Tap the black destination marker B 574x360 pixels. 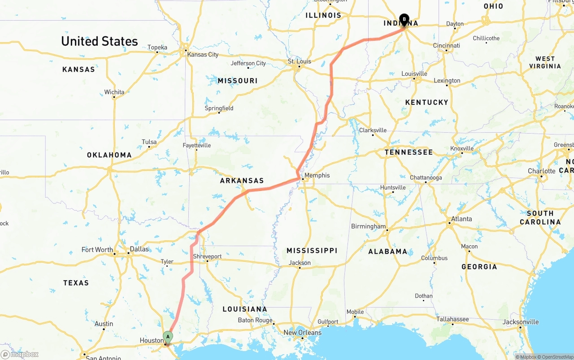coord(404,19)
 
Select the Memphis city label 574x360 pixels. coord(317,175)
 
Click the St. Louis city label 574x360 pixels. coord(300,61)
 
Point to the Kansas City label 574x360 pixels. coord(203,54)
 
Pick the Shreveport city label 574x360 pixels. coord(207,256)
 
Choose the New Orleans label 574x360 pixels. coord(302,333)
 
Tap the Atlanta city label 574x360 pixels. coord(461,219)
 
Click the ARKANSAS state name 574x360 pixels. coord(242,181)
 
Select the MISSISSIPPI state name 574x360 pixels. coord(312,250)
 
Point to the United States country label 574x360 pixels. coord(100,41)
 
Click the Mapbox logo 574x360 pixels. coord(20,355)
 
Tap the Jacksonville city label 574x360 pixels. coord(521,321)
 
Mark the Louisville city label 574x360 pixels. coord(414,74)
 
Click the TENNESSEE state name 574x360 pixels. coord(409,152)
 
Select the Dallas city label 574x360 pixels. coord(139,249)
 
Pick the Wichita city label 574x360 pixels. coord(114,92)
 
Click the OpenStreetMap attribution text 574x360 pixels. coord(556,357)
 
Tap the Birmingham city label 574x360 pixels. coord(368,226)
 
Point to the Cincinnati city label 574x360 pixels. coord(446,45)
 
